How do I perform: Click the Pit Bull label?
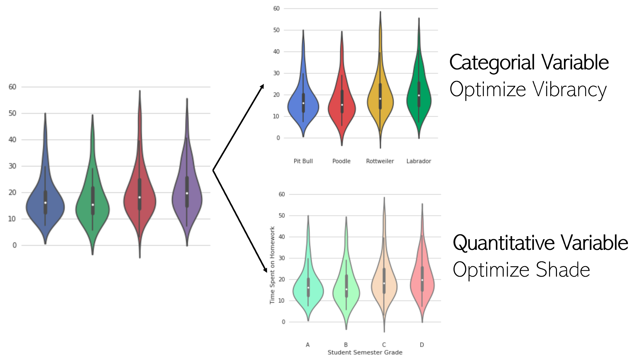(x=303, y=161)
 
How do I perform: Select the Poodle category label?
(x=341, y=161)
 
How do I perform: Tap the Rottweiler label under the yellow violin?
(x=380, y=161)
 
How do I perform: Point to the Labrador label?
(x=418, y=161)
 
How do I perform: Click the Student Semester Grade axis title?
(x=365, y=352)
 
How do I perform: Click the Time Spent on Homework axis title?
(x=272, y=265)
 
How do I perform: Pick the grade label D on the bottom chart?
(x=422, y=345)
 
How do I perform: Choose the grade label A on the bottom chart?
(x=308, y=345)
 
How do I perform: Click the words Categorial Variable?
(x=529, y=63)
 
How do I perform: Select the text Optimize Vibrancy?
(x=528, y=89)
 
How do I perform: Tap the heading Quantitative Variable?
(x=540, y=243)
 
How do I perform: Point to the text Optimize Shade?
(x=521, y=270)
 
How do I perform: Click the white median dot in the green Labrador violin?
(x=419, y=96)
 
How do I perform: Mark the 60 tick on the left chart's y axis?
(x=12, y=87)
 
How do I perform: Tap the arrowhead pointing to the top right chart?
(x=262, y=86)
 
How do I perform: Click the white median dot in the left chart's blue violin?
(x=45, y=203)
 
